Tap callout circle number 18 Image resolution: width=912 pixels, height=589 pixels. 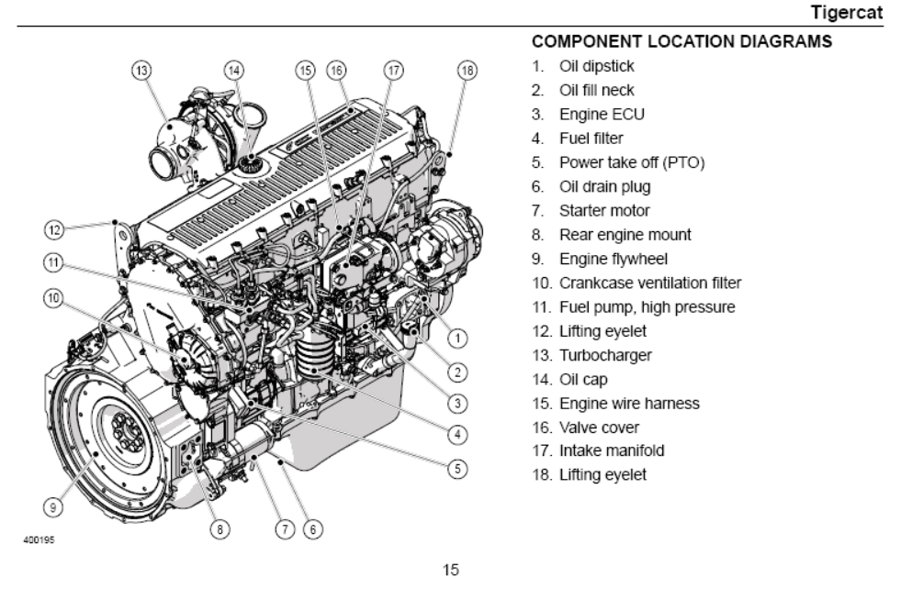[467, 70]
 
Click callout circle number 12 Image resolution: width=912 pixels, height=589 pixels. [54, 227]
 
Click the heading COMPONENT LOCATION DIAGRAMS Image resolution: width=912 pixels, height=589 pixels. [682, 42]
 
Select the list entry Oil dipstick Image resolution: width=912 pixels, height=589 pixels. [596, 66]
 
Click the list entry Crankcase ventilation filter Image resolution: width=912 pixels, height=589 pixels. [649, 283]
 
